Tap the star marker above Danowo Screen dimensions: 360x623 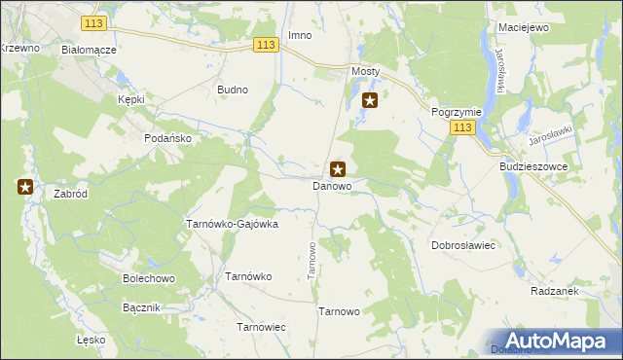338,168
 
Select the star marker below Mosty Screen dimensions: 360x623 370,99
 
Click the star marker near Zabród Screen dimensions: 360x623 25,187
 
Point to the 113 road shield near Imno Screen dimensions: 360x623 268,45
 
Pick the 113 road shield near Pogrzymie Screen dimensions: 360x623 463,128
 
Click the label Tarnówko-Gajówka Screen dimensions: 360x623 232,224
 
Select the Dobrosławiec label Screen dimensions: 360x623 464,246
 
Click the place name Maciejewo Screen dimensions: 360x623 523,28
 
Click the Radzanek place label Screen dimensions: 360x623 556,291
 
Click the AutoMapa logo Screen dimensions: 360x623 556,341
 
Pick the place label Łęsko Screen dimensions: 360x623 91,341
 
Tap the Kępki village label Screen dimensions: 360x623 130,100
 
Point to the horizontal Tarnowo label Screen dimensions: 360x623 340,311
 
